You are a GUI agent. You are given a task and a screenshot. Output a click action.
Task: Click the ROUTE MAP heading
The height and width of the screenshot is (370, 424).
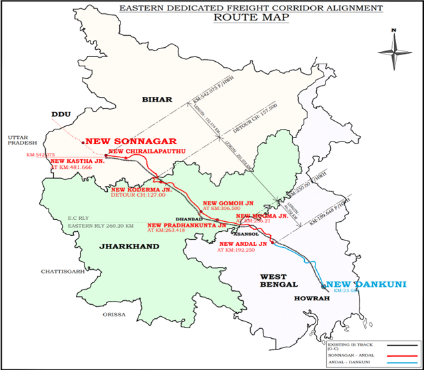[x=251, y=17]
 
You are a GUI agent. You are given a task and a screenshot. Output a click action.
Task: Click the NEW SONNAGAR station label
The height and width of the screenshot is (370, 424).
[x=130, y=141]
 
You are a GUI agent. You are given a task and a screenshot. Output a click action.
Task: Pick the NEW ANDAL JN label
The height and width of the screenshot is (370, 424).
[x=243, y=244]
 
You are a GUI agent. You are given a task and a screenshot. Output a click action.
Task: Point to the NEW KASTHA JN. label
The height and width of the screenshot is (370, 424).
[x=78, y=161]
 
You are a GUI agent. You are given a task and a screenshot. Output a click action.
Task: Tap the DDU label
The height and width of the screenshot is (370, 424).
[x=61, y=114]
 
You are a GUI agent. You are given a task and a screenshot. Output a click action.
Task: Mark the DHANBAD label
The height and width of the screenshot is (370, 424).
[x=186, y=217]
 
